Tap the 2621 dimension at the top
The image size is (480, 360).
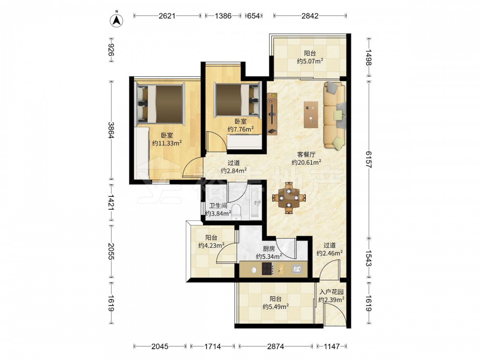point(167,16)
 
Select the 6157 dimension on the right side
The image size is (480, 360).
point(368,159)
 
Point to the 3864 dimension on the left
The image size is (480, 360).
point(111,130)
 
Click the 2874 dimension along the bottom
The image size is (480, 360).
point(276,346)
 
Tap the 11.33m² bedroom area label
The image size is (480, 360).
point(167,143)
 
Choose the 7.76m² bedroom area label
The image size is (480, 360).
point(240,129)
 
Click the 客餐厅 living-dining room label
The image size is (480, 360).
point(306,155)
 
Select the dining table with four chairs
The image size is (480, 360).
point(288,198)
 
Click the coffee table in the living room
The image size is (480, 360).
point(311,115)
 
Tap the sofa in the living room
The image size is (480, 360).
point(334,115)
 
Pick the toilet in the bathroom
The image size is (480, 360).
point(236,212)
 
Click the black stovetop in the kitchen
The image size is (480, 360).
point(268,269)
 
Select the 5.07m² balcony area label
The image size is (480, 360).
point(310,61)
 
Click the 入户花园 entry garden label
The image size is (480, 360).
point(332,292)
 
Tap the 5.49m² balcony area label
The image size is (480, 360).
point(276,306)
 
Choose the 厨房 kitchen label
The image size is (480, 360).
point(269,249)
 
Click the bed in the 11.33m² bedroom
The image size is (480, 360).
point(159,104)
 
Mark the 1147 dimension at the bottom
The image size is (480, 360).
point(332,346)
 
